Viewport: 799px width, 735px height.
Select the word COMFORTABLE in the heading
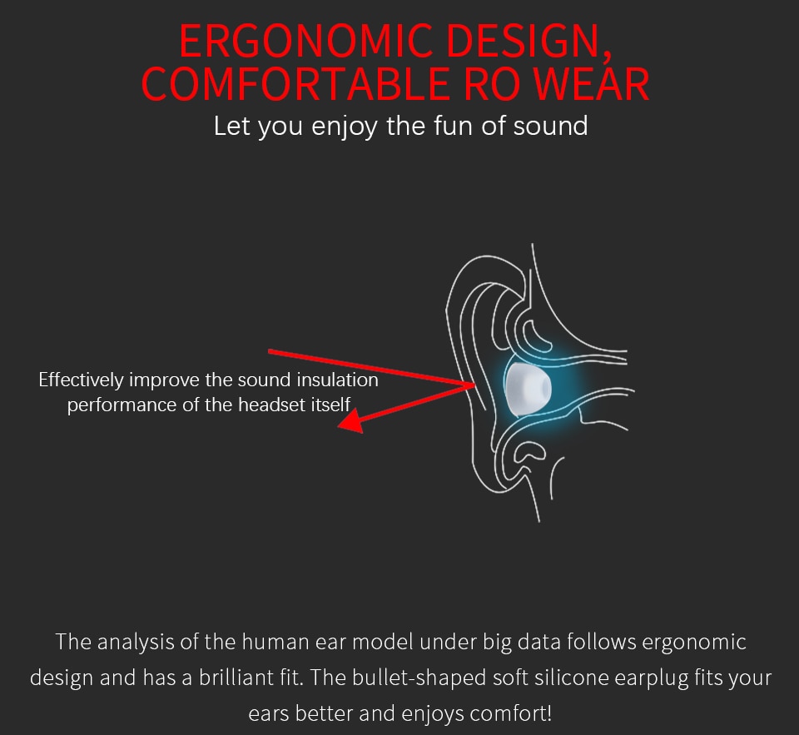point(295,83)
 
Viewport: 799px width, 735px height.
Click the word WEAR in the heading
point(591,83)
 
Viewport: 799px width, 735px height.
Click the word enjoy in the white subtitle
point(345,127)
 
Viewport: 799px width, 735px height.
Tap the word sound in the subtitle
point(550,126)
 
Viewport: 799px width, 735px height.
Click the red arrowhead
point(351,422)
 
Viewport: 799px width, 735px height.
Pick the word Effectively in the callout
point(81,380)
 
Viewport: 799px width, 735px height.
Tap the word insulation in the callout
point(337,380)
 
